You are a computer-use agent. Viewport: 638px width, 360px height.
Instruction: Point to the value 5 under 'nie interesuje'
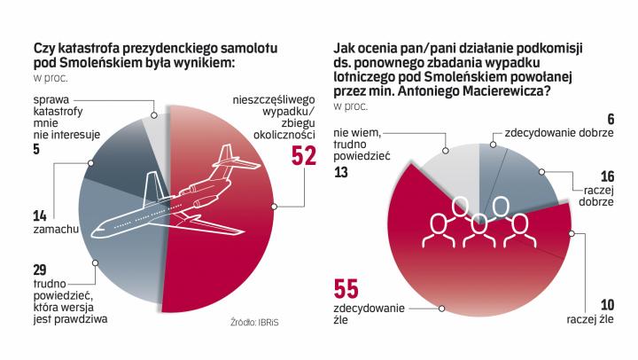pyautogui.click(x=35, y=151)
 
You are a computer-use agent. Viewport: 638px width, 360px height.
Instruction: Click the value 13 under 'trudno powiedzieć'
pyautogui.click(x=342, y=174)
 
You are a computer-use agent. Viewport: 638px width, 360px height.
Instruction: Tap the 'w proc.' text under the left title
pyautogui.click(x=48, y=78)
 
